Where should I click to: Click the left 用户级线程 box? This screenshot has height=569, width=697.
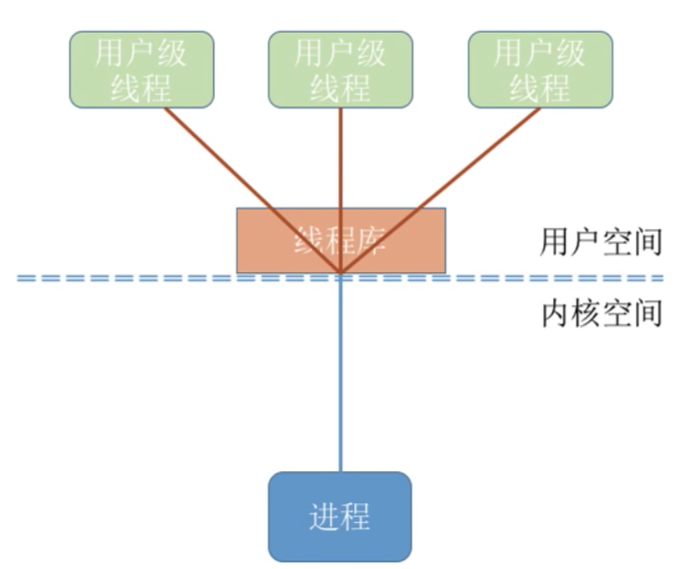(x=141, y=70)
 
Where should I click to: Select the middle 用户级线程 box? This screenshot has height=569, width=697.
(x=340, y=70)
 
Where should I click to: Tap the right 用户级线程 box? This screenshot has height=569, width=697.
(x=540, y=70)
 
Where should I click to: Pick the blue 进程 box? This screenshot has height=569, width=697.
(x=340, y=516)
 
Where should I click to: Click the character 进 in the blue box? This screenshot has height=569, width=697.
(x=324, y=517)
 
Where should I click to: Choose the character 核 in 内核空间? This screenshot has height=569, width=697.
(x=587, y=314)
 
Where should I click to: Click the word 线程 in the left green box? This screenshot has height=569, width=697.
(x=141, y=88)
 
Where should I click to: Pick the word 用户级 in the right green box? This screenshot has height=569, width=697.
(x=540, y=53)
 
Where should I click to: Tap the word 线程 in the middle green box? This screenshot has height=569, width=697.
(x=340, y=88)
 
